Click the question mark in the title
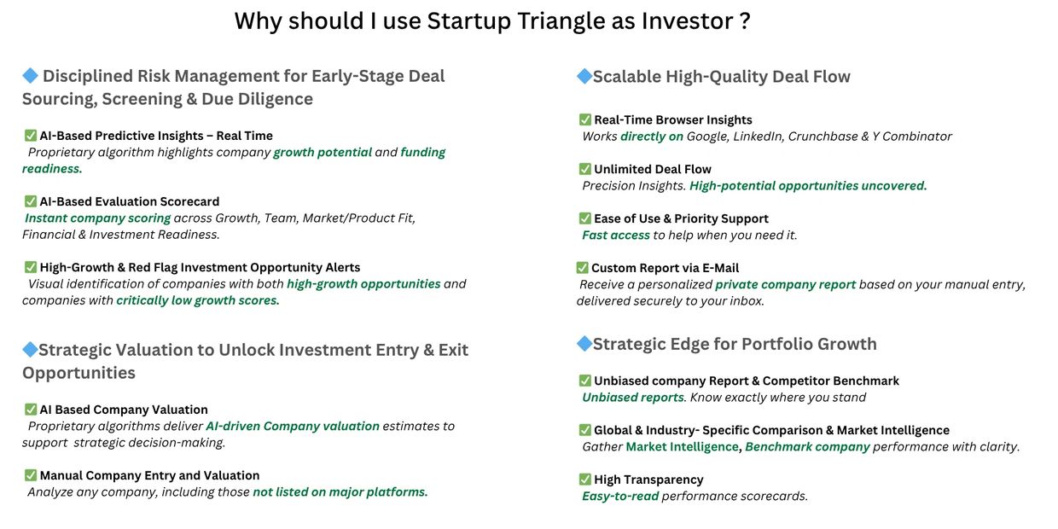[745, 21]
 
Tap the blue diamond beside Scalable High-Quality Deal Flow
[584, 76]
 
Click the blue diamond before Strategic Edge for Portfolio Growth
[584, 343]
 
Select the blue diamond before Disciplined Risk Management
[30, 76]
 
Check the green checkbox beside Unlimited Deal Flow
[584, 169]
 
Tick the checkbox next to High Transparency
[584, 480]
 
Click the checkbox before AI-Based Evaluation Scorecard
[30, 201]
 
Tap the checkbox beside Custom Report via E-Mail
[582, 268]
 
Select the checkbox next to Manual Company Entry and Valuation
[30, 475]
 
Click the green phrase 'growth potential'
[323, 153]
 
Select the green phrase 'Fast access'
[616, 235]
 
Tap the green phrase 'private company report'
[786, 285]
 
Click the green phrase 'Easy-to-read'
[620, 497]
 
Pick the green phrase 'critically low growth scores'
[197, 301]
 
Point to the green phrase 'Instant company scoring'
[98, 218]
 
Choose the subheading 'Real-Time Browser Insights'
[672, 120]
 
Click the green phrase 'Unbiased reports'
[633, 398]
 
